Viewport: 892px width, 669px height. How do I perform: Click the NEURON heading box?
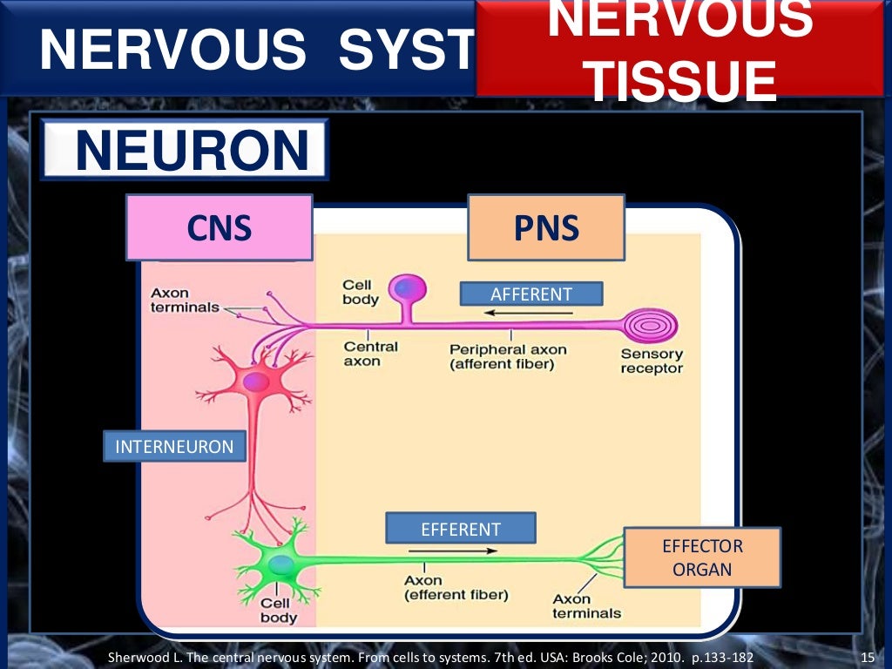click(x=185, y=151)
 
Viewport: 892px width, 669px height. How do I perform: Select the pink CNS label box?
click(x=219, y=228)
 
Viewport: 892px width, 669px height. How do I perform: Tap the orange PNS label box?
click(x=546, y=228)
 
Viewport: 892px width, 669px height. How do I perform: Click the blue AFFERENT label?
click(x=530, y=294)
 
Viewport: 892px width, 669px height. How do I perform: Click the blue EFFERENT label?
click(x=461, y=529)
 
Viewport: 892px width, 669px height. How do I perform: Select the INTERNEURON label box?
click(x=174, y=447)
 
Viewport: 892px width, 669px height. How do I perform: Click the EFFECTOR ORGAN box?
click(x=702, y=558)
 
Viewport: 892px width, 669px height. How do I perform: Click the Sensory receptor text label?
click(x=652, y=362)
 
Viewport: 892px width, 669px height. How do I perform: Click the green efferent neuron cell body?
click(x=280, y=565)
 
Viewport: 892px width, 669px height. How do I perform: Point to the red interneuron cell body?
click(x=256, y=382)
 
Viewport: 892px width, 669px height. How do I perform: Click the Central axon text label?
click(x=370, y=354)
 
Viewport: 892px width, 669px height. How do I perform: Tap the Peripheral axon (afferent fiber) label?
click(x=508, y=357)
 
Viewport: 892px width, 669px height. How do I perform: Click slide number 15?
click(x=866, y=657)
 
